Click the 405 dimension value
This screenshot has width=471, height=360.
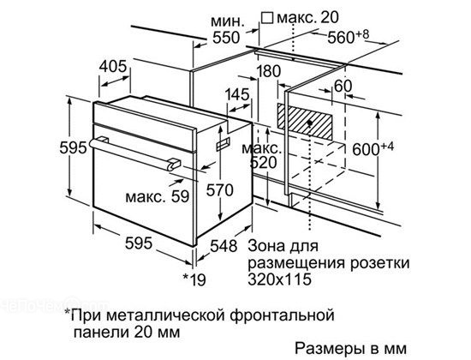tap(113, 67)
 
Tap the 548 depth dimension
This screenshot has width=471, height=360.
tap(224, 246)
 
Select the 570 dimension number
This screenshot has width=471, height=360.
tap(219, 190)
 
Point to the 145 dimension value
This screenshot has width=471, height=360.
tap(237, 94)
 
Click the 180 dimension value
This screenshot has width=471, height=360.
tap(268, 71)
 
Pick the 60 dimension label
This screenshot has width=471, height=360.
tap(343, 87)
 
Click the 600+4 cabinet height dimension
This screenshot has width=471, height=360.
tap(373, 149)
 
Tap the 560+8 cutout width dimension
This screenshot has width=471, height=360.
tap(348, 37)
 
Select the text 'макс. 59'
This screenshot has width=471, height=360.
tap(157, 196)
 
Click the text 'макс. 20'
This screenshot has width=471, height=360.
tap(307, 18)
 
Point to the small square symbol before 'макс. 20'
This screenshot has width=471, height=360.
tap(267, 18)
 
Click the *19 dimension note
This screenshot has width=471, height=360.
tap(194, 279)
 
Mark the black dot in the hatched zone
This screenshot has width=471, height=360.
tap(309, 123)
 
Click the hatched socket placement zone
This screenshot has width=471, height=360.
tap(305, 122)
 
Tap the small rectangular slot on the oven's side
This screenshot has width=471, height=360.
tap(224, 143)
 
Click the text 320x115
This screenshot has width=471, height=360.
tap(279, 279)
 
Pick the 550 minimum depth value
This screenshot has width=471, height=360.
tap(226, 38)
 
